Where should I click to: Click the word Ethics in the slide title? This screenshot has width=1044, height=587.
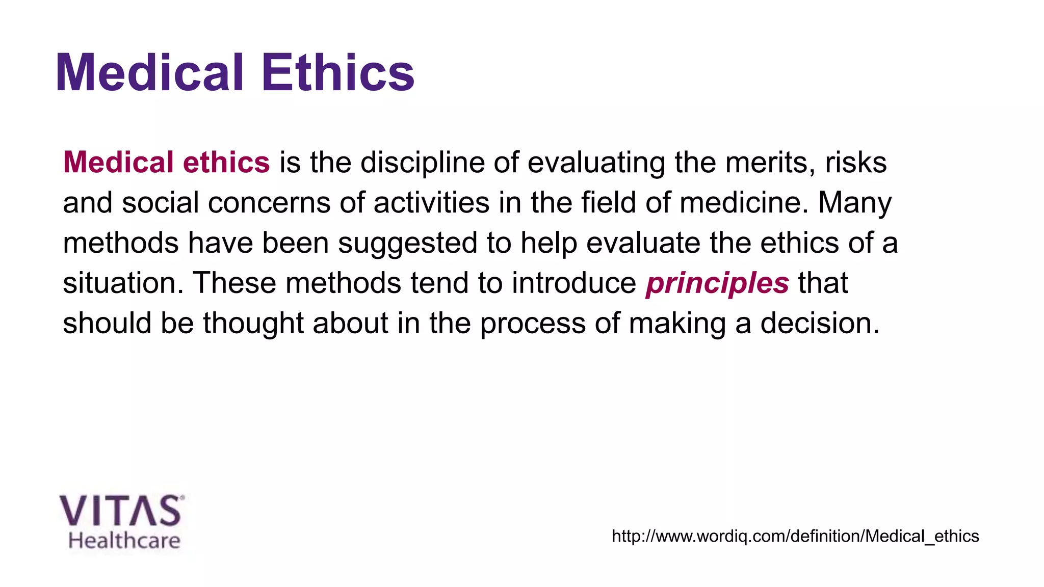pyautogui.click(x=338, y=73)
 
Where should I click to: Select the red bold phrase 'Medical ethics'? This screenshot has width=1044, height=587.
pyautogui.click(x=166, y=163)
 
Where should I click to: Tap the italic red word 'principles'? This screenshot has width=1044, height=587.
pyautogui.click(x=717, y=283)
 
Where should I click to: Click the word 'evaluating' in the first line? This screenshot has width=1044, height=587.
pyautogui.click(x=596, y=163)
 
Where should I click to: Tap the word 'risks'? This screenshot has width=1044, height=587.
pyautogui.click(x=856, y=163)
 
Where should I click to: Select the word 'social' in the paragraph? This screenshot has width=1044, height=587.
pyautogui.click(x=160, y=203)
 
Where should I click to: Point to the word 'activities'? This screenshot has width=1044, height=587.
pyautogui.click(x=431, y=203)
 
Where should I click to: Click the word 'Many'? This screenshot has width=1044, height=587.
pyautogui.click(x=855, y=203)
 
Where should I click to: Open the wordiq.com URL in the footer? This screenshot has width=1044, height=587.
pyautogui.click(x=795, y=536)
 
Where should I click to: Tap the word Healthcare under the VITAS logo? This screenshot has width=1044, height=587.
pyautogui.click(x=124, y=541)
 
